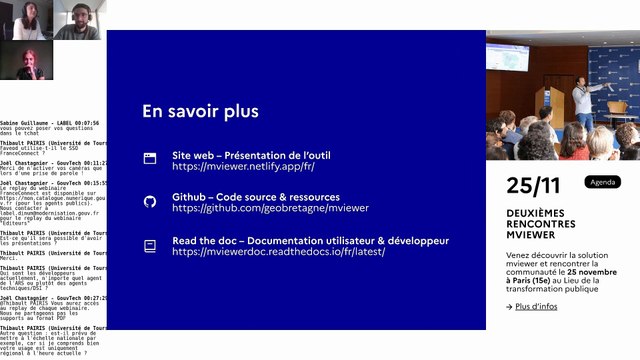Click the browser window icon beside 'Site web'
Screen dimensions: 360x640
coord(150,157)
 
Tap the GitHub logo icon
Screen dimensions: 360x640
coord(150,201)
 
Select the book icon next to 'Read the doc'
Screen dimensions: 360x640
coord(150,245)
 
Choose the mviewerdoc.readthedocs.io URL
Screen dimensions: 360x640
coord(278,253)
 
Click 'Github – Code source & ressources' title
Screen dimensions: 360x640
coord(266,199)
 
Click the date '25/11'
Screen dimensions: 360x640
coord(533,185)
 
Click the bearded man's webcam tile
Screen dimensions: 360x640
coord(80,20)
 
